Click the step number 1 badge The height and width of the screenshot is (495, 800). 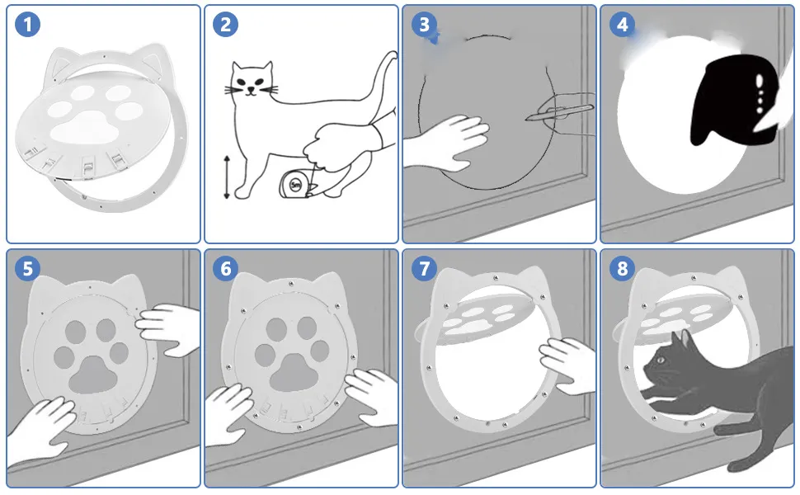(27, 24)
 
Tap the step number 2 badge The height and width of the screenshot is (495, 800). (225, 24)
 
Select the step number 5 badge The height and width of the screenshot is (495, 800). (27, 268)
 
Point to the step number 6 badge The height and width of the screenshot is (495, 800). (225, 268)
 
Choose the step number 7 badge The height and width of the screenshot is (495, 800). (424, 268)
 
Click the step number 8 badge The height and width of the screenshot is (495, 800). (622, 268)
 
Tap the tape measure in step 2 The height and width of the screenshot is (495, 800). (296, 184)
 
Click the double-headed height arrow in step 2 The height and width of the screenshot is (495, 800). (227, 177)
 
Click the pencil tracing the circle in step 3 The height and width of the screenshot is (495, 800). (560, 111)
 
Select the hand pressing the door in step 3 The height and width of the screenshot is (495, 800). (443, 143)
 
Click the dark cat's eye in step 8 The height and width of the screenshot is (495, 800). (661, 361)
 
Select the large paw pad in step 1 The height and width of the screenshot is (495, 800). (86, 127)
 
